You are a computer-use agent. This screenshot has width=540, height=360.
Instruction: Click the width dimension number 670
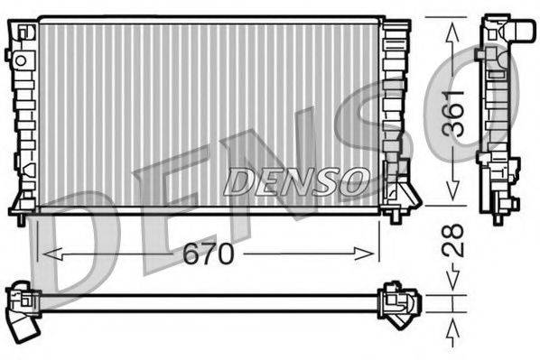coord(209,254)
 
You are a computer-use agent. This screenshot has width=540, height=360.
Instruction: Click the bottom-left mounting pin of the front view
coord(22,217)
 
